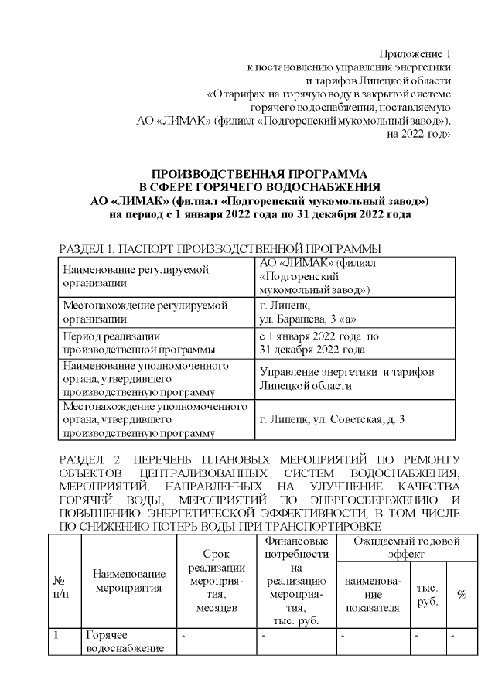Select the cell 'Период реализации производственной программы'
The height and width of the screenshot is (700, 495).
pos(128,343)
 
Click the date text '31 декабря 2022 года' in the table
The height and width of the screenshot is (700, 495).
pos(312,350)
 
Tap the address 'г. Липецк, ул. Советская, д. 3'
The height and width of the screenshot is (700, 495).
pos(332,419)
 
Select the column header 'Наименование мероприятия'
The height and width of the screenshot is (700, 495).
pos(129,579)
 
